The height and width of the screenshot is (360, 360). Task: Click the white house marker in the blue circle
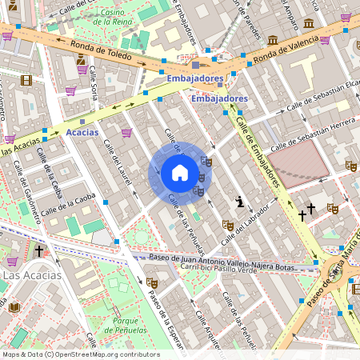click(180, 173)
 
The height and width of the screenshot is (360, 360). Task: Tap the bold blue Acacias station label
click(82, 132)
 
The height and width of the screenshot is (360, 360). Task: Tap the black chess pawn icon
click(238, 201)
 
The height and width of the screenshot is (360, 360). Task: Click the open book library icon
click(14, 307)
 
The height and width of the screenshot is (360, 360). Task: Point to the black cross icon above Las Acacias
click(38, 251)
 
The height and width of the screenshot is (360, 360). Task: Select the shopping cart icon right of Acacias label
click(126, 133)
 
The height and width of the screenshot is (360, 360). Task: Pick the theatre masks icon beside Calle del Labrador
click(228, 226)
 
